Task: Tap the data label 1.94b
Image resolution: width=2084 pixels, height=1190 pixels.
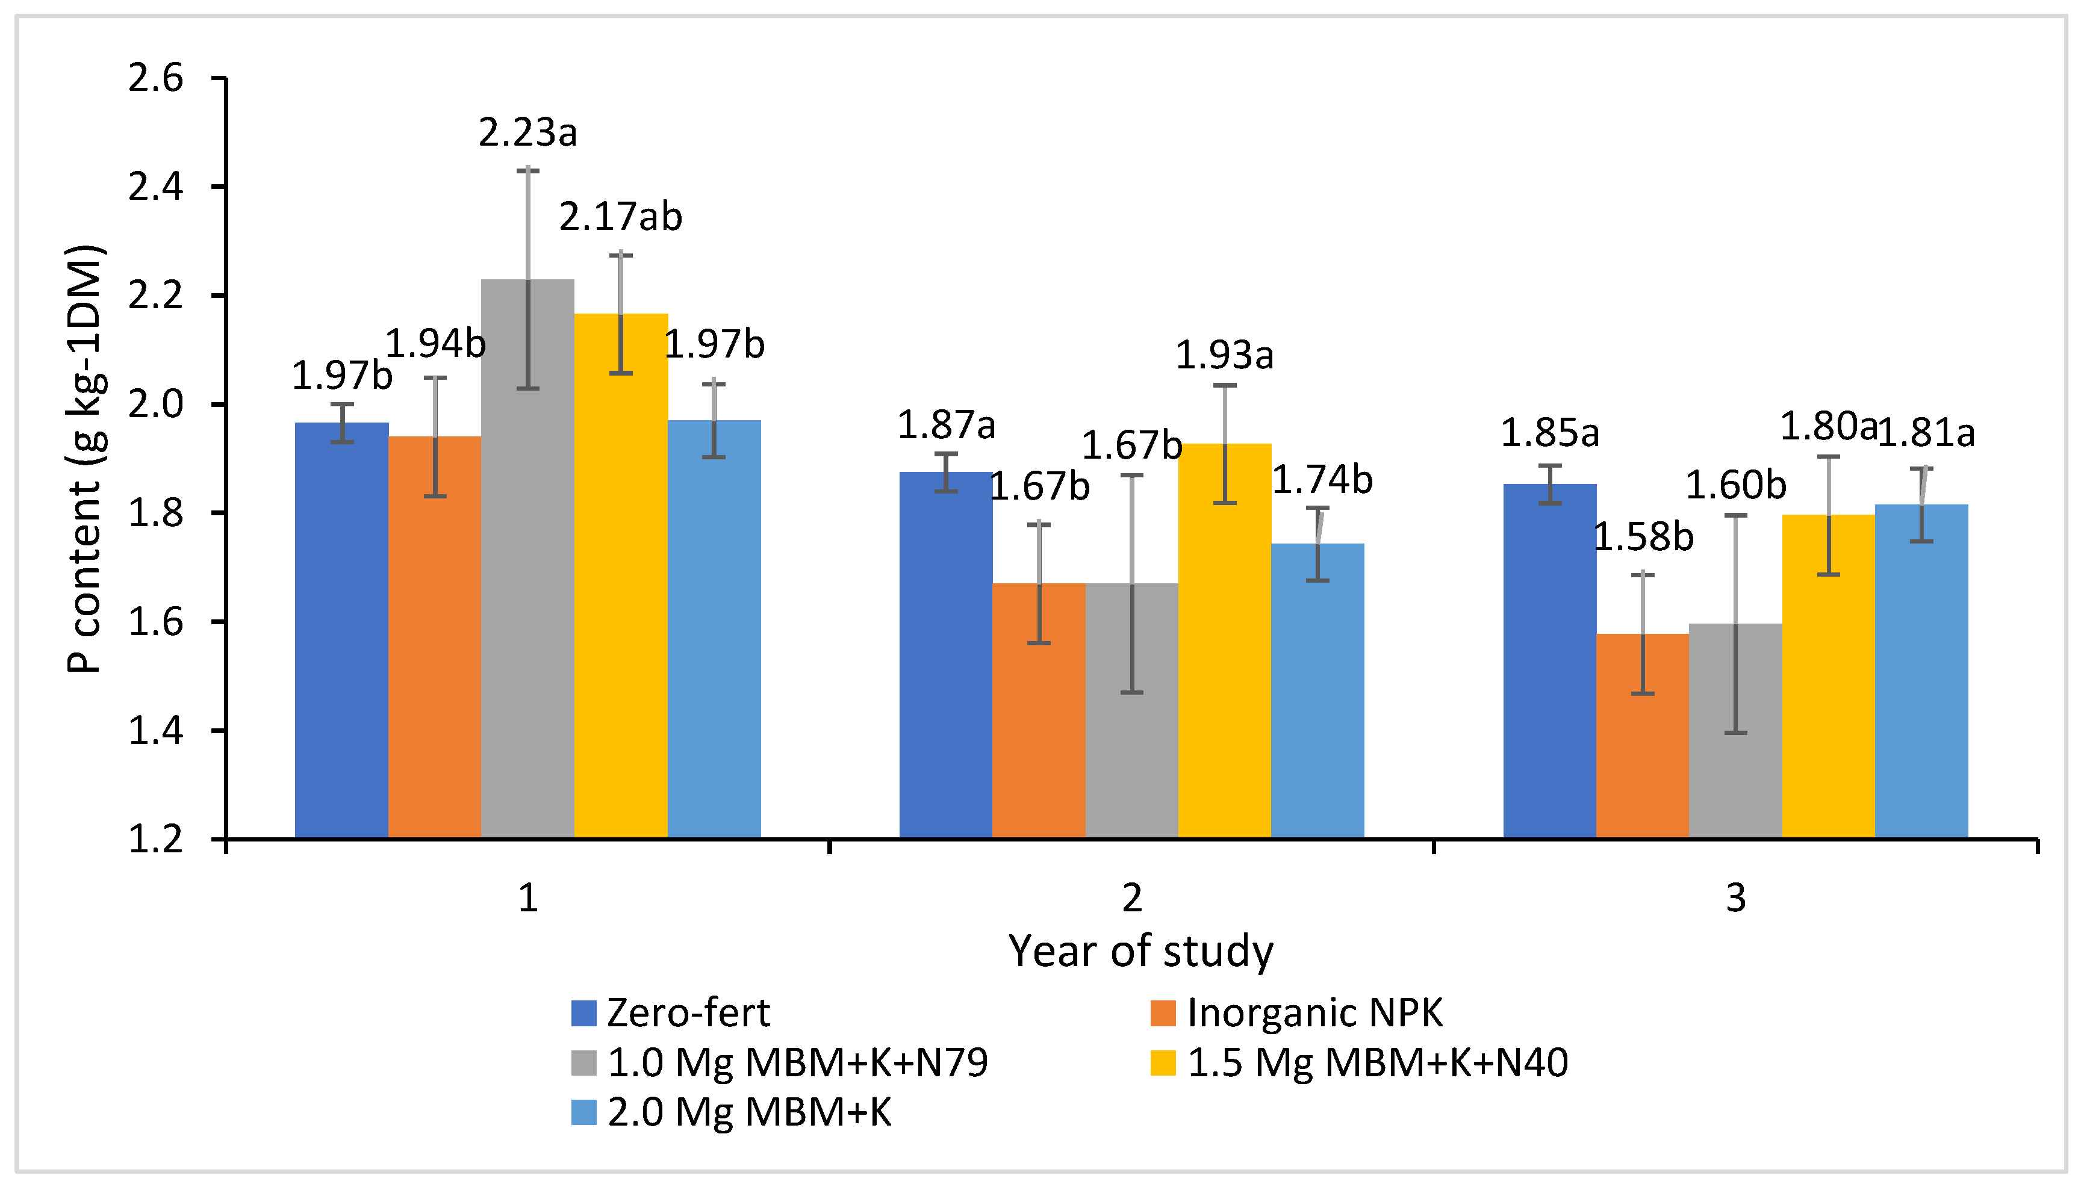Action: (x=435, y=343)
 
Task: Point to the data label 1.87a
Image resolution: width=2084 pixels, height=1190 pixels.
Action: (x=946, y=425)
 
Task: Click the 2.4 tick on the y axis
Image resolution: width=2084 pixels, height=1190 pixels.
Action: (x=155, y=187)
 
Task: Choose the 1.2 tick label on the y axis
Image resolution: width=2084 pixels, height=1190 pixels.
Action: (x=155, y=839)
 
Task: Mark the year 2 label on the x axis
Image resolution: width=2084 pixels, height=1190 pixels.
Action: (x=1131, y=898)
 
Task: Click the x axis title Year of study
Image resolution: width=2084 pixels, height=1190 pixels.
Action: (x=1140, y=952)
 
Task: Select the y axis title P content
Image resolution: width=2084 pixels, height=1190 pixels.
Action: (x=84, y=457)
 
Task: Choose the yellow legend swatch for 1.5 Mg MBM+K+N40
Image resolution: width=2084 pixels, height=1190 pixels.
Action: (x=1163, y=1062)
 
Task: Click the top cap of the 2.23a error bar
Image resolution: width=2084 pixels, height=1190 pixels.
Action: (x=527, y=170)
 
